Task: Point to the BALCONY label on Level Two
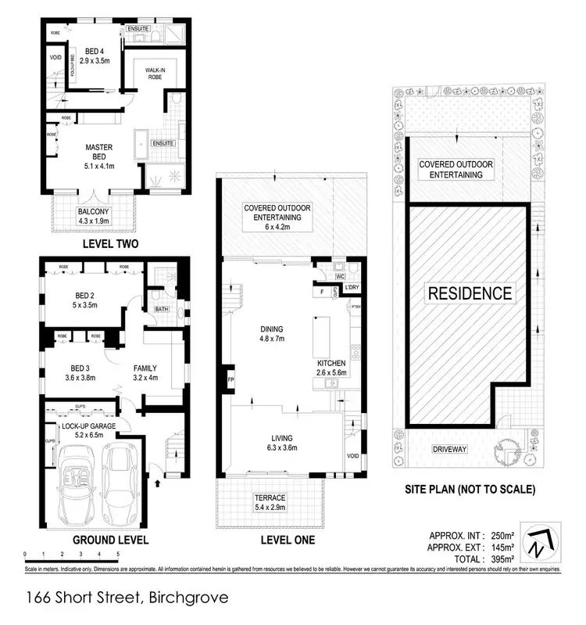click(93, 212)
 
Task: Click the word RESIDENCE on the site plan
click(469, 294)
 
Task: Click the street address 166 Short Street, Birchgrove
click(127, 598)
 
